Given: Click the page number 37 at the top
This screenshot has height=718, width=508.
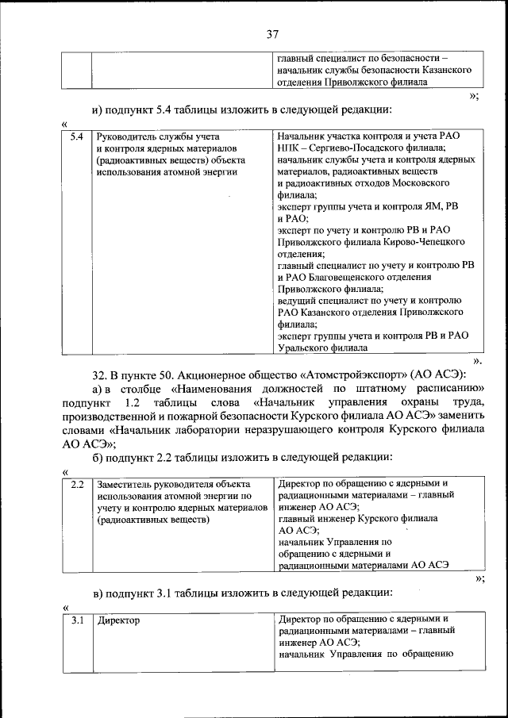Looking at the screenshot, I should [x=272, y=34].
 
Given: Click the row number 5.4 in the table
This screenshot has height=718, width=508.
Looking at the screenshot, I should [x=76, y=136].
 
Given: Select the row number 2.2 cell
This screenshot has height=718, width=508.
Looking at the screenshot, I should [x=77, y=483].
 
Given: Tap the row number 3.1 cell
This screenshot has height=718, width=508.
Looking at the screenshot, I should [x=77, y=620].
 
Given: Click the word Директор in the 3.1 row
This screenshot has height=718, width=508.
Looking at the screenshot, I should [x=118, y=620].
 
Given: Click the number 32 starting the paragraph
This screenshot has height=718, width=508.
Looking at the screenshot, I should [x=101, y=374].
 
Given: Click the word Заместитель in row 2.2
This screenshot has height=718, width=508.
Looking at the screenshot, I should [x=129, y=483].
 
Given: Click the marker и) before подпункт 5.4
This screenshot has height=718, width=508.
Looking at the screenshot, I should [x=99, y=109].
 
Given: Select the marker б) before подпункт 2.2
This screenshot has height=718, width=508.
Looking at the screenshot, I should [x=99, y=457].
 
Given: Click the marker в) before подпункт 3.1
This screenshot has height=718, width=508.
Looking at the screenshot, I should [x=99, y=593].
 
